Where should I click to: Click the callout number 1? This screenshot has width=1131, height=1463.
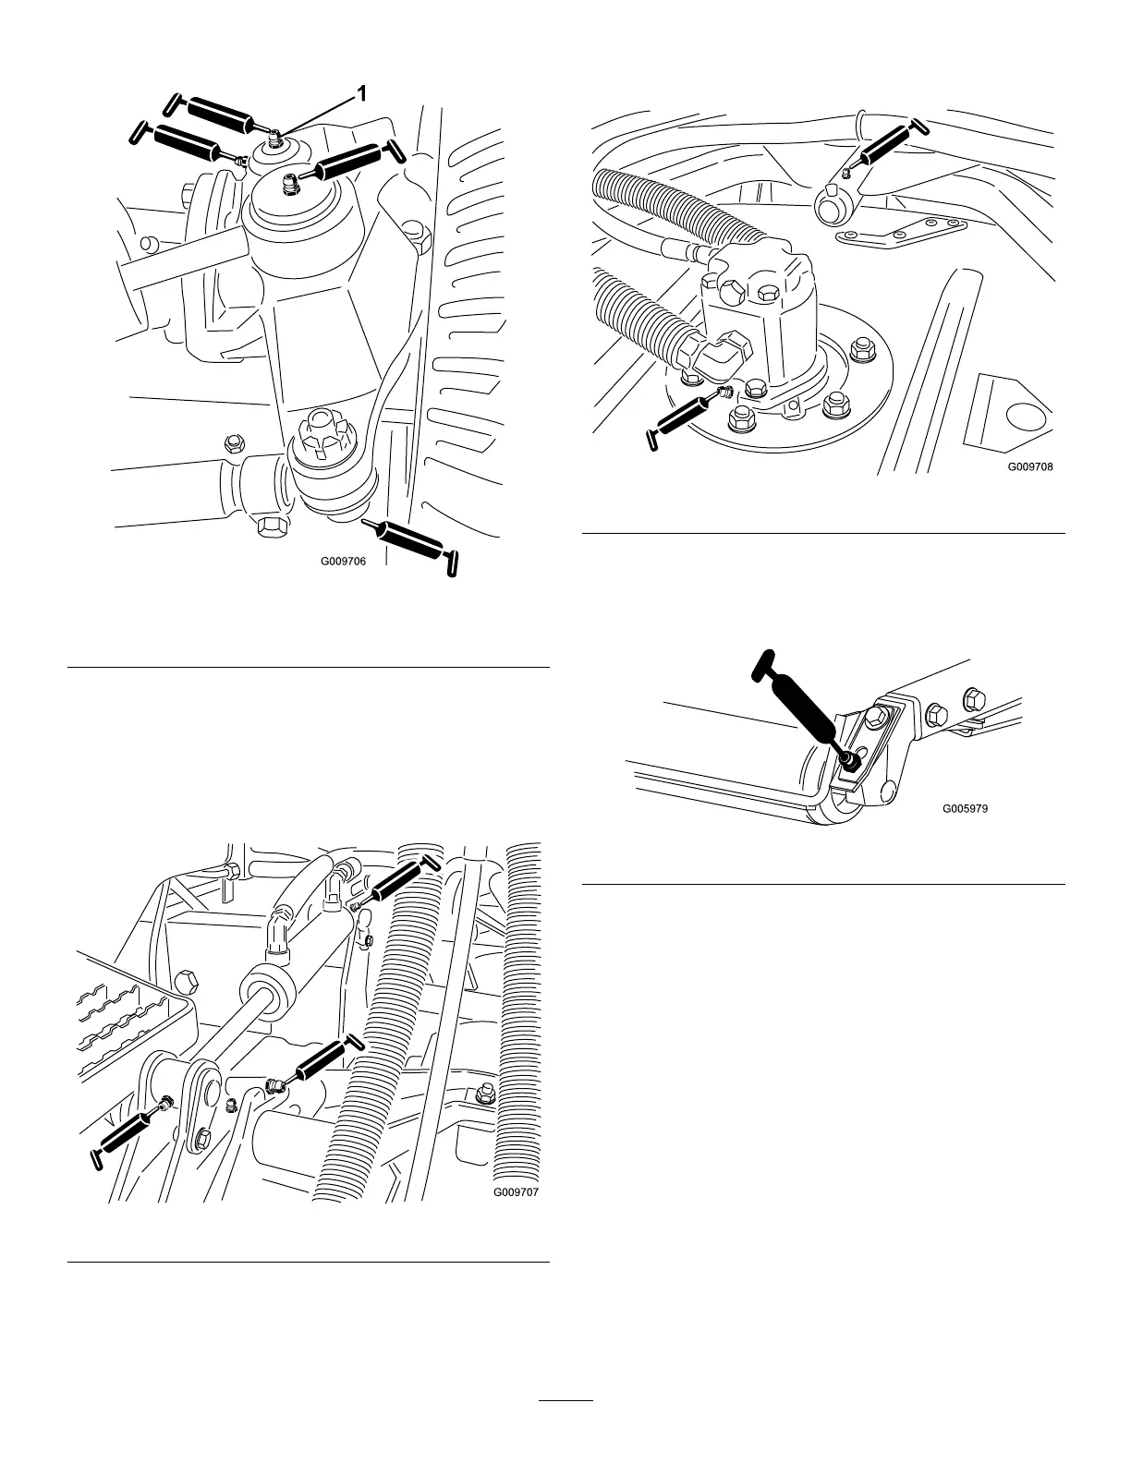[x=363, y=93]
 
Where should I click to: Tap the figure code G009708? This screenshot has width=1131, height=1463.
[x=1030, y=466]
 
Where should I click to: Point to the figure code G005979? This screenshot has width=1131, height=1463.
[x=966, y=807]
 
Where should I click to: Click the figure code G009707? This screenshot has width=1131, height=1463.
[x=516, y=1192]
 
